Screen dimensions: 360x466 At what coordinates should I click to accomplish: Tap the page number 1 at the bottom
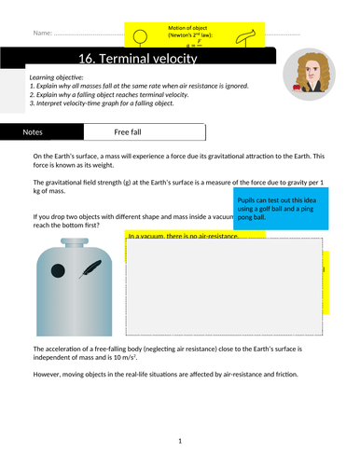pos(181,441)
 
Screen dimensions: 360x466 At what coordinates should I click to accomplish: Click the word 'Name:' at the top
pos(43,34)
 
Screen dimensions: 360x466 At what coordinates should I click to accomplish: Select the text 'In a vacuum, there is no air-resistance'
pos(183,236)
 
